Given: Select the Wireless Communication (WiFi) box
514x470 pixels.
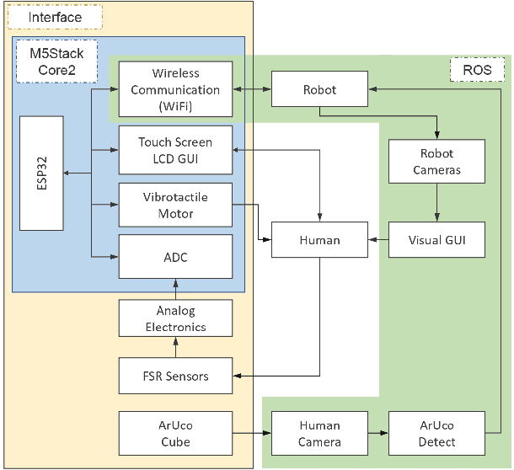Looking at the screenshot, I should point(175,89).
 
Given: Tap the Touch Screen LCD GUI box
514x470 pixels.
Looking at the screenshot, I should point(175,151).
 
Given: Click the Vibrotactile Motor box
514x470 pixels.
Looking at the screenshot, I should point(175,205).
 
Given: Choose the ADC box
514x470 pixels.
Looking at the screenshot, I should point(175,257).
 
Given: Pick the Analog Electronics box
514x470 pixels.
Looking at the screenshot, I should point(175,319).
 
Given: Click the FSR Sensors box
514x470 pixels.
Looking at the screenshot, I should point(175,376).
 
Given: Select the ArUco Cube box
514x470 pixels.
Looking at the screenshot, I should point(175,433).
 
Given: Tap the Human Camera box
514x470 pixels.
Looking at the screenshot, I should point(319,433).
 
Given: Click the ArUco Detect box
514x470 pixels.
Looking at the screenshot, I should point(436,433).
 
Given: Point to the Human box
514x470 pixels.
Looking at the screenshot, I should point(319,240).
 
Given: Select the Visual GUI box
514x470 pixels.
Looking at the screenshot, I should point(436,240).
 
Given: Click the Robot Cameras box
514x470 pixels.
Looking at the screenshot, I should point(436,162).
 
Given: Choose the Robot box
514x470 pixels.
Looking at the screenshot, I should point(319,88).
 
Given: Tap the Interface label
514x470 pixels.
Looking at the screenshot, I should point(55,17).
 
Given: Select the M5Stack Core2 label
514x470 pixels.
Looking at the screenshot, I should point(56,61).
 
